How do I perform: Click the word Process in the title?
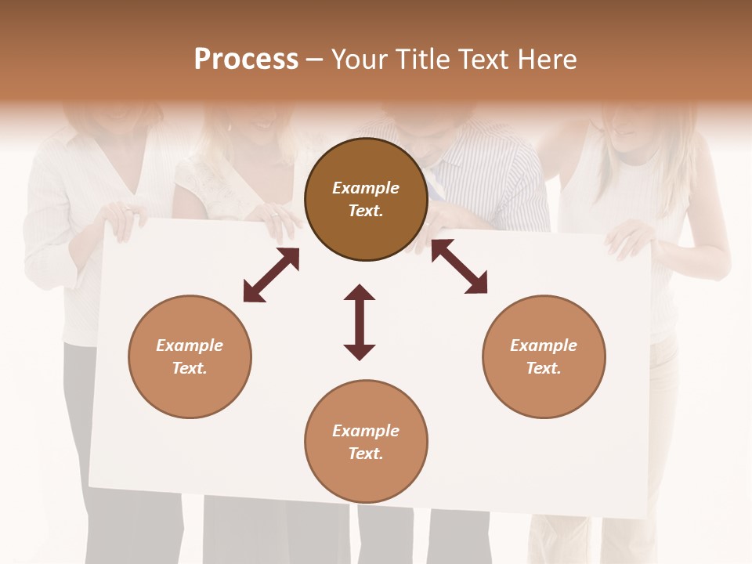[x=246, y=60]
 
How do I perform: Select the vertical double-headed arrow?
[x=360, y=323]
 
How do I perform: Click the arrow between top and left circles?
[x=271, y=275]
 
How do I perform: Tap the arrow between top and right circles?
[x=459, y=266]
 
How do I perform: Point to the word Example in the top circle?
[x=366, y=188]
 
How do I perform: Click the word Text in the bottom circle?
[x=365, y=454]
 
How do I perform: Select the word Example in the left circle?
[x=190, y=345]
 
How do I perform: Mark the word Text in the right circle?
[x=543, y=368]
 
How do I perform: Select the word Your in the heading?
[x=360, y=60]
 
